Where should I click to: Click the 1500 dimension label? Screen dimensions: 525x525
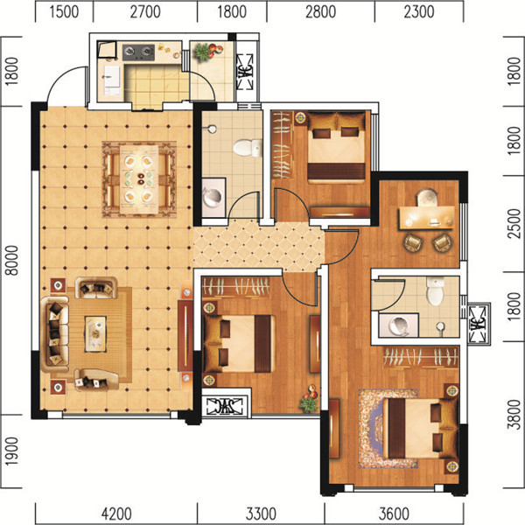tap(64, 11)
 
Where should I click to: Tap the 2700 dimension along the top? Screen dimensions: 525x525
tap(145, 11)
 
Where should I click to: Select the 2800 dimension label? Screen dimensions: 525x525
tap(320, 11)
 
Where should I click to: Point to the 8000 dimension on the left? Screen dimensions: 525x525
tap(12, 260)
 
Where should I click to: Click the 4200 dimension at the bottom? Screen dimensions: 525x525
tap(116, 514)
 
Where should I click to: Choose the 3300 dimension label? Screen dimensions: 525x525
tap(261, 514)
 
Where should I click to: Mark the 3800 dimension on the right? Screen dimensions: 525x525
tap(514, 414)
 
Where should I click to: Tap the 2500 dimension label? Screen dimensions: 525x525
tap(514, 223)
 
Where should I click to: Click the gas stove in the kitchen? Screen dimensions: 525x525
tap(138, 52)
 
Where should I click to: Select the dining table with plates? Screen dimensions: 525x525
tap(139, 179)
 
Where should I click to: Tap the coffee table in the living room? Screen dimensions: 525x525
tap(95, 334)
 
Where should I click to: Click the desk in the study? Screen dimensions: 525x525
tap(426, 218)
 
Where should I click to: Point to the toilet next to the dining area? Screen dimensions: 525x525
tap(248, 147)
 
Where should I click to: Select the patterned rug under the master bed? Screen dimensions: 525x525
tap(388, 428)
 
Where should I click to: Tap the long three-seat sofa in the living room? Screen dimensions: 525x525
tap(55, 334)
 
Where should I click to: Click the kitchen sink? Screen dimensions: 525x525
tap(111, 80)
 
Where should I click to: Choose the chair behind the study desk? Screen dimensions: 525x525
tap(427, 197)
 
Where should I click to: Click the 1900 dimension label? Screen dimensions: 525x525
tap(12, 451)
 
